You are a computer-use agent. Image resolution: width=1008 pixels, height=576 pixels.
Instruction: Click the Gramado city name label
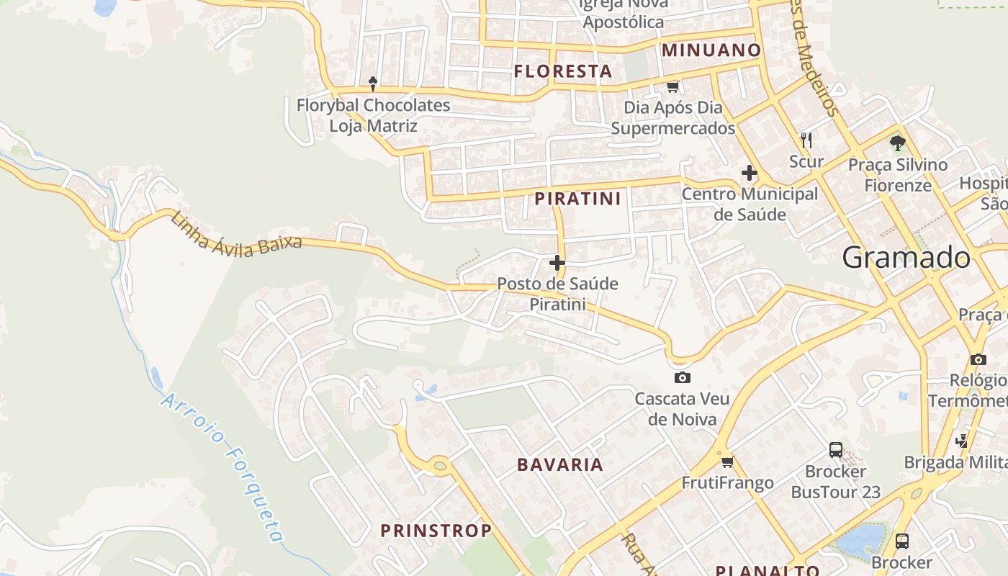tap(906, 257)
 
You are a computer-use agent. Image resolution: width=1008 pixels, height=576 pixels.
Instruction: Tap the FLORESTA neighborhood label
tap(563, 71)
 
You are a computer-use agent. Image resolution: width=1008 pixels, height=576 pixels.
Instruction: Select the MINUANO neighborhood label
tap(711, 50)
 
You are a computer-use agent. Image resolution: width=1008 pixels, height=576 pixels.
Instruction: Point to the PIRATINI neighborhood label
tap(577, 199)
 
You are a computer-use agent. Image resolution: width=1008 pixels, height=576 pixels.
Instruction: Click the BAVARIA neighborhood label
tap(560, 464)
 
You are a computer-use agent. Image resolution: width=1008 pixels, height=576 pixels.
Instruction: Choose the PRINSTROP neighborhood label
tap(436, 531)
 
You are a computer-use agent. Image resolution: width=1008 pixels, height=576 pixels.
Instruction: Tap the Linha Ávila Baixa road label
tap(236, 232)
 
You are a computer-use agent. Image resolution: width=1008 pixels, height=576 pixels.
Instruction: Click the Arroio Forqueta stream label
tap(222, 468)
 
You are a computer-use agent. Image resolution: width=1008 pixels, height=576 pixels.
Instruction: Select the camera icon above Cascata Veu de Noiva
tap(682, 377)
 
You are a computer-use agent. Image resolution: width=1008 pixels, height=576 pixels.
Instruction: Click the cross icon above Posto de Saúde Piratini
tap(557, 263)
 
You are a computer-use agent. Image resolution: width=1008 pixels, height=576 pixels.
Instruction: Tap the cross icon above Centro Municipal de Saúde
tap(750, 173)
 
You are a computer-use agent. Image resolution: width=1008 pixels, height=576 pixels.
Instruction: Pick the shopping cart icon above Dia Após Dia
tap(672, 87)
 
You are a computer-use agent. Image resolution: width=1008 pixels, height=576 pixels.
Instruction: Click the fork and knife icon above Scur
tap(806, 140)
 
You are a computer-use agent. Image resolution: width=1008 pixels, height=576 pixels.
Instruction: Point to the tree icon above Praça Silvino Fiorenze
tap(897, 143)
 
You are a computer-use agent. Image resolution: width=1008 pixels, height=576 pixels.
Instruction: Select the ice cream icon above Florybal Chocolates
tap(373, 84)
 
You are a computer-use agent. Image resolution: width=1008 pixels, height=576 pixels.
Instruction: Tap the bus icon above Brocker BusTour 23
tap(835, 450)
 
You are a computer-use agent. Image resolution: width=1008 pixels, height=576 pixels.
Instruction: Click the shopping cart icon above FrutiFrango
tap(727, 462)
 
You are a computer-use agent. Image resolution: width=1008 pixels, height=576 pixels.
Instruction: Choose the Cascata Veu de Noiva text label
tap(682, 408)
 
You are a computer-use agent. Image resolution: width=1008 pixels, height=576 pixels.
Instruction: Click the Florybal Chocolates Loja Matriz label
tap(373, 115)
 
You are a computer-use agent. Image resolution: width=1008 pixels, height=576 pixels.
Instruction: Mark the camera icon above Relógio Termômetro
tap(978, 359)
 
